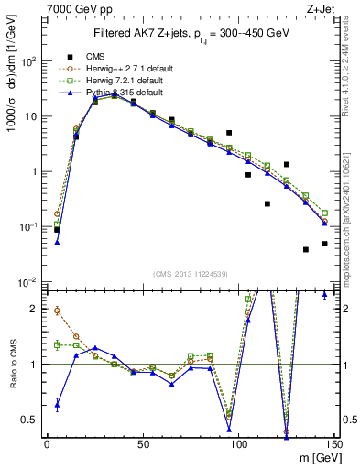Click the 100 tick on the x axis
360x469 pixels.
[238, 444]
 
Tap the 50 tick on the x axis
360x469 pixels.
[142, 444]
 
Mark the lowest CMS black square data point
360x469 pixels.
[306, 249]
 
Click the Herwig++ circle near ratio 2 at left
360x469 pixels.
[57, 311]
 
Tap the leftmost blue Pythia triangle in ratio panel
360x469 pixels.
[57, 403]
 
